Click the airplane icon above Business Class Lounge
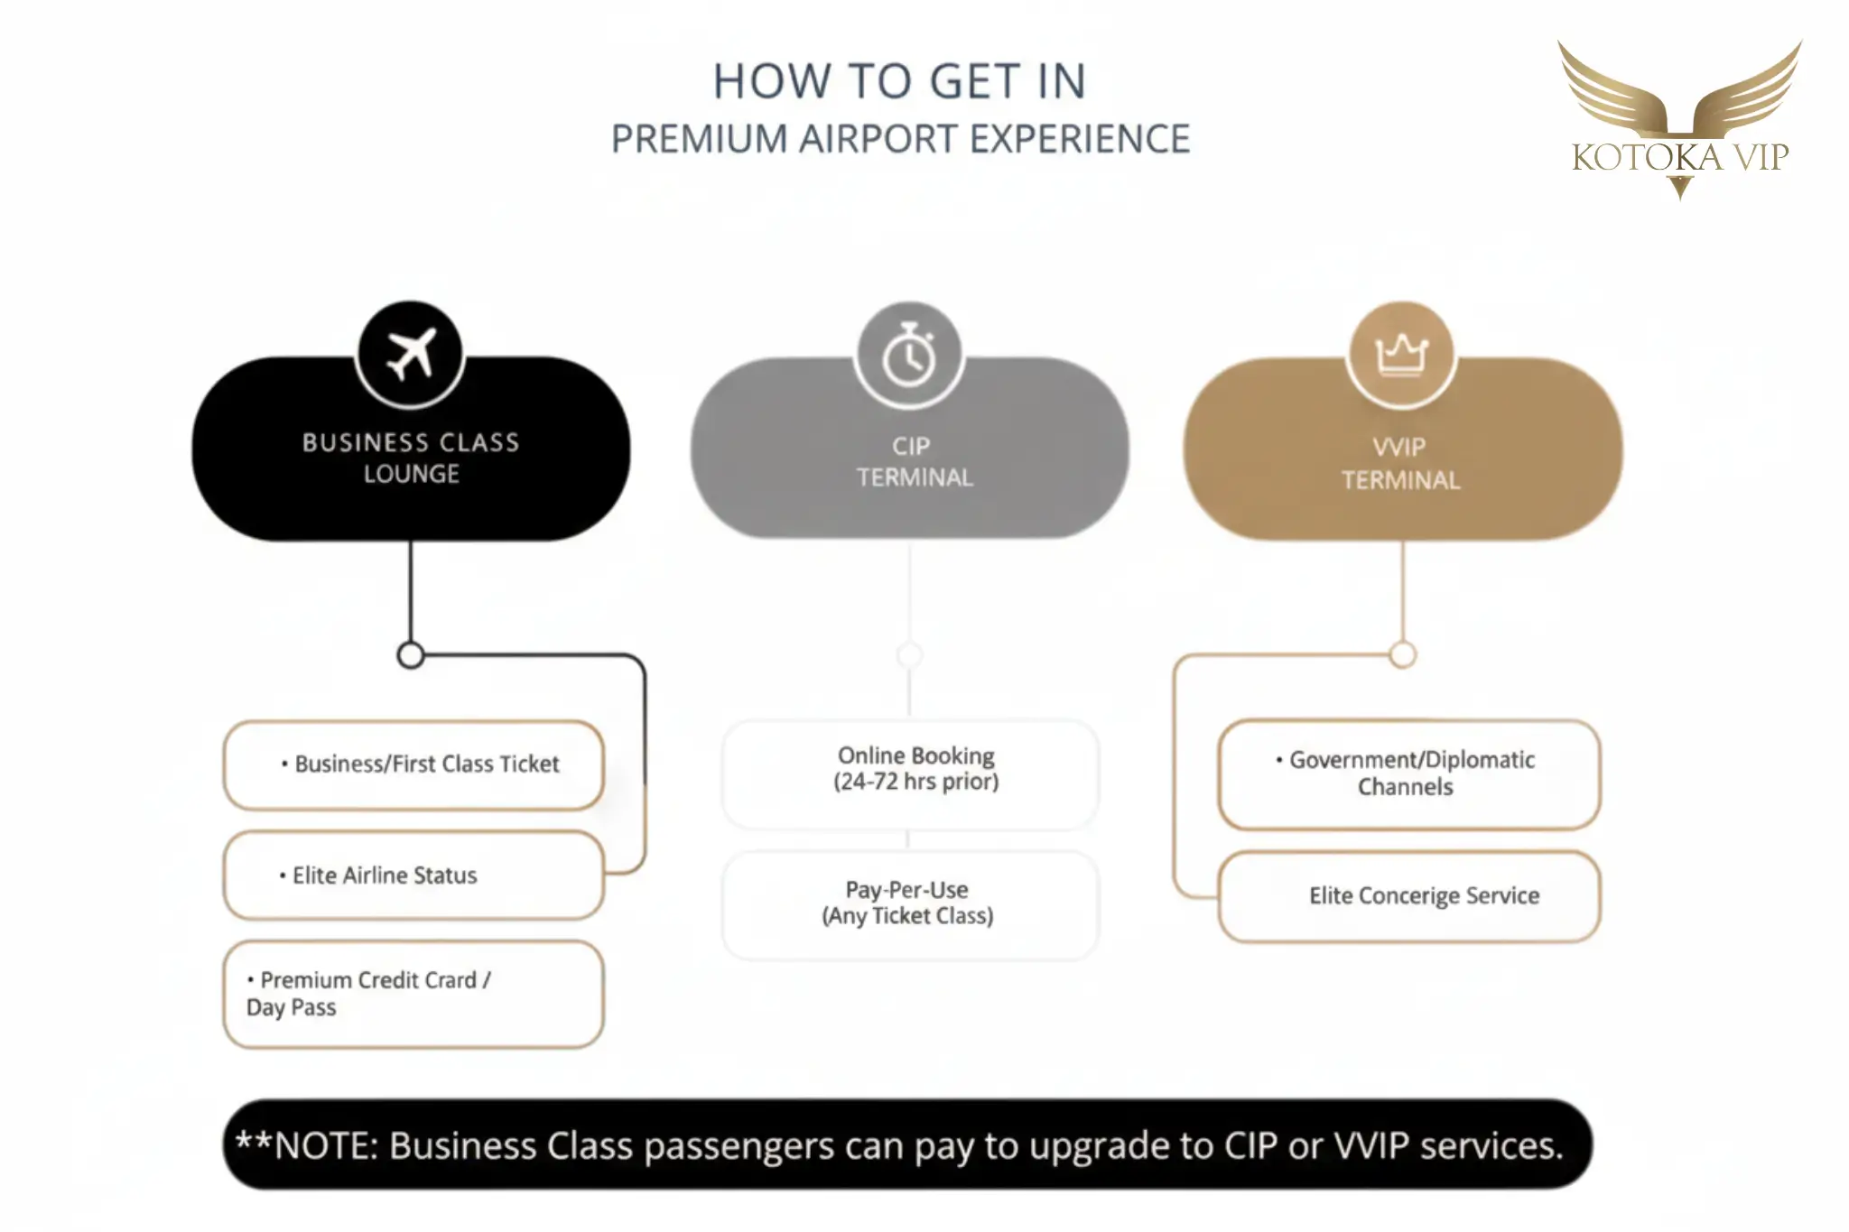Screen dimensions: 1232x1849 411,354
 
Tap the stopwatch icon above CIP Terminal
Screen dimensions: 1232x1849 909,357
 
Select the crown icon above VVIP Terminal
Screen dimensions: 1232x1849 1401,354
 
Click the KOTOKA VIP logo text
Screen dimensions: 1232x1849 1679,157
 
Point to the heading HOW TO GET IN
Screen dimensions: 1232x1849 899,81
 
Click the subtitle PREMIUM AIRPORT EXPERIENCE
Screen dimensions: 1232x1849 900,139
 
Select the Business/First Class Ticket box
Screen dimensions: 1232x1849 413,764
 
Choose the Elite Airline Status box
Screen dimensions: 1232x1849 413,875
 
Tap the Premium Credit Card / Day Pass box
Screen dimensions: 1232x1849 413,994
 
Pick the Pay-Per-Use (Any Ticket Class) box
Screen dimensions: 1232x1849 910,903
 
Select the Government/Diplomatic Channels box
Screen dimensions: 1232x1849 1408,773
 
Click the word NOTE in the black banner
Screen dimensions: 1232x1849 326,1145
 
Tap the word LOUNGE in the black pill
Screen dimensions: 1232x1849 412,474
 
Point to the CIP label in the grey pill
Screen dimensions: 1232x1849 911,446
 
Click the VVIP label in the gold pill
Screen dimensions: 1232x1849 1399,447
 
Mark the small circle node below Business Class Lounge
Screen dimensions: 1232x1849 411,655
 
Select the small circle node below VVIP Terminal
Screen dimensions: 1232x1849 1402,654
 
